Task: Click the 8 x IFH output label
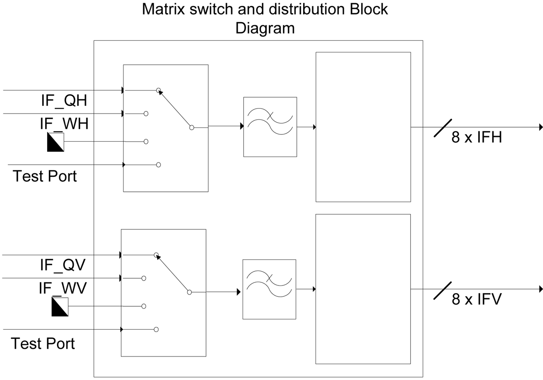(476, 138)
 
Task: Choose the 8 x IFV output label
(476, 299)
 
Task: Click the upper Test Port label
(45, 176)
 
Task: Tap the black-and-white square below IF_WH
(55, 142)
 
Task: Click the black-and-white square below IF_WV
(60, 307)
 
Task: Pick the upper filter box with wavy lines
(270, 127)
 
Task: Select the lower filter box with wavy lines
(269, 289)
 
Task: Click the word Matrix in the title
(165, 9)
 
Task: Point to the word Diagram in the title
(265, 28)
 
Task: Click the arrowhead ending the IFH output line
(540, 128)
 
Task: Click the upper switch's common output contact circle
(191, 128)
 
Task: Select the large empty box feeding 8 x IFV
(363, 289)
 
